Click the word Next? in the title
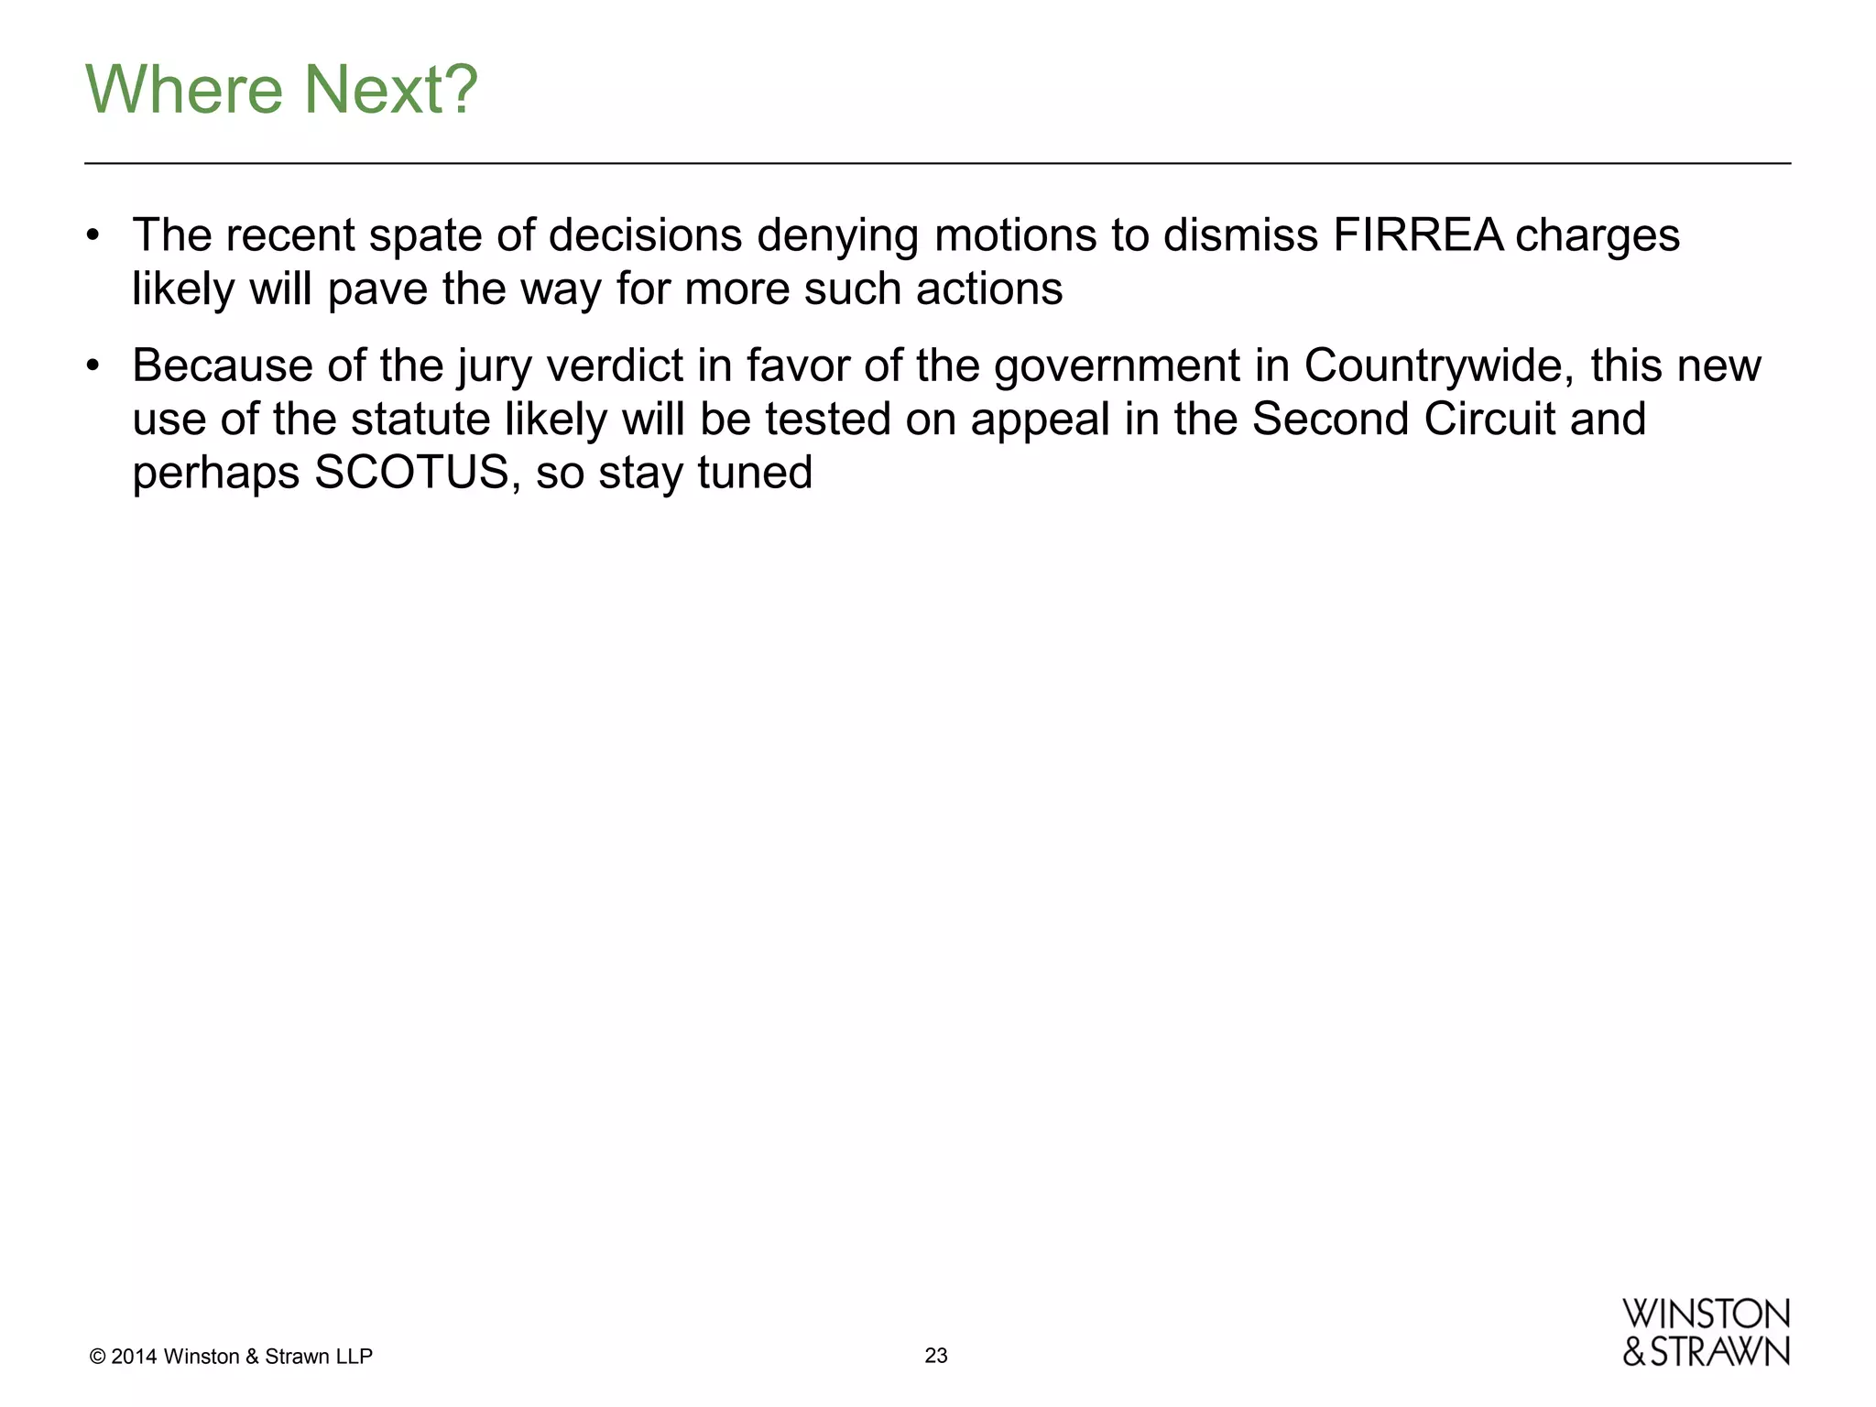(x=390, y=90)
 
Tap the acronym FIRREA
(x=1418, y=235)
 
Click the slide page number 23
(x=936, y=1356)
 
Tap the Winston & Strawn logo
(x=1706, y=1333)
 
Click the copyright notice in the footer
(x=232, y=1357)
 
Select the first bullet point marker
(x=92, y=236)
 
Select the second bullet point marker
(x=92, y=366)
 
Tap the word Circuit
(x=1490, y=420)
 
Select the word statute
(x=420, y=420)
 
